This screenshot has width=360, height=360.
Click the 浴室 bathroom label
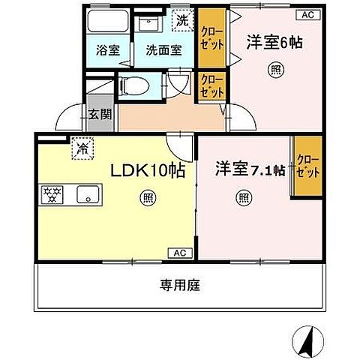tap(107, 51)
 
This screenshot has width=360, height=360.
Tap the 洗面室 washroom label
tap(163, 51)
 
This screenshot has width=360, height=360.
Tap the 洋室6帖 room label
tap(274, 43)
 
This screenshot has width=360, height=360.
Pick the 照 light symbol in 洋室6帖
tap(268, 72)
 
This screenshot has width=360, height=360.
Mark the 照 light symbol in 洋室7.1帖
tap(244, 199)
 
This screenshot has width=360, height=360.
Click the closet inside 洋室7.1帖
tap(308, 167)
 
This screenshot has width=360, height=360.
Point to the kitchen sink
tap(88, 196)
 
